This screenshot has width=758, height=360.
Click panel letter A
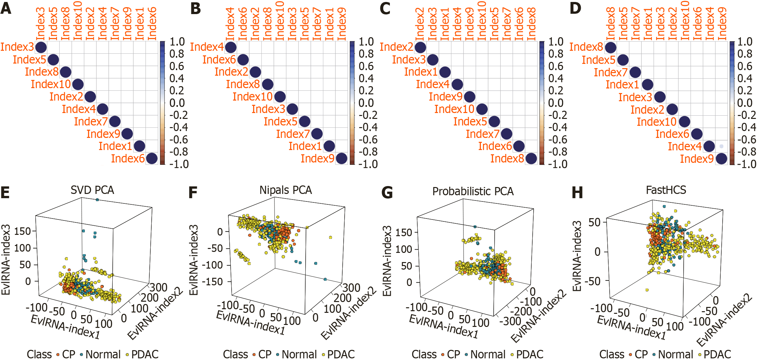(x=6, y=8)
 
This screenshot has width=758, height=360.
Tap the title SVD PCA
(x=92, y=190)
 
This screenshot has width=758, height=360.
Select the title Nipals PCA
(x=285, y=190)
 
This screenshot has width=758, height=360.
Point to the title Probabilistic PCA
(x=473, y=191)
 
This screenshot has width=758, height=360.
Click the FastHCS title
(x=666, y=190)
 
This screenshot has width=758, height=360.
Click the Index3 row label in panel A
(x=17, y=47)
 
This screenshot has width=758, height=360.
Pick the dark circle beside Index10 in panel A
(x=78, y=84)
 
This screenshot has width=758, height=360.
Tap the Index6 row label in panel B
(x=219, y=60)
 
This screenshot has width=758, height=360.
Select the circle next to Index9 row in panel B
(x=341, y=159)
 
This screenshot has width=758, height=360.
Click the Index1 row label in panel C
(x=421, y=72)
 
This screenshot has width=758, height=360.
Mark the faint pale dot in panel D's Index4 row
(x=721, y=146)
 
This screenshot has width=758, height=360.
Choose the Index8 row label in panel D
(x=586, y=47)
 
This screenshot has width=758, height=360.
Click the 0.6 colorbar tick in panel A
(x=177, y=66)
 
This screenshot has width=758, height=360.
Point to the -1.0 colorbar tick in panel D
(x=747, y=164)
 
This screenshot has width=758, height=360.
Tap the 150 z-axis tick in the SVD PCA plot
(x=23, y=231)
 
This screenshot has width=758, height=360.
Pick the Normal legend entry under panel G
(x=488, y=354)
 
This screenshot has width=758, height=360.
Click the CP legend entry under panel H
(x=641, y=354)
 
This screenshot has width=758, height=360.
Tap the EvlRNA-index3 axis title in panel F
(x=194, y=259)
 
